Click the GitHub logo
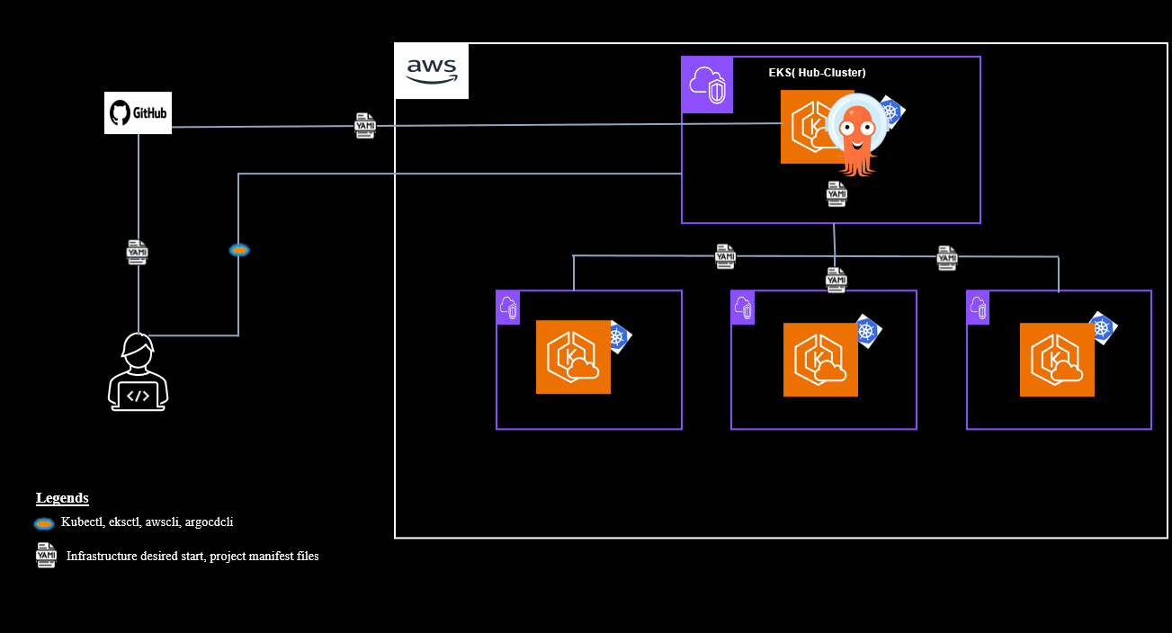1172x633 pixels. (138, 113)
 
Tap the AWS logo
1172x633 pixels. (432, 70)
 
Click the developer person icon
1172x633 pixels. (139, 372)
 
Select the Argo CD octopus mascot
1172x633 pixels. (855, 134)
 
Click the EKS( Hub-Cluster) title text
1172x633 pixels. (817, 73)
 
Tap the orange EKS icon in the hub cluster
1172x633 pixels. (810, 127)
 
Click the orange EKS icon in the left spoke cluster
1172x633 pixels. (573, 357)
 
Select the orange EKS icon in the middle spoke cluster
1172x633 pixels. (820, 360)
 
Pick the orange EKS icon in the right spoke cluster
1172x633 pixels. (1057, 360)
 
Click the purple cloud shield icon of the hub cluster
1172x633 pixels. (707, 85)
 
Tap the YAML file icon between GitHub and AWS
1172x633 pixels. (365, 126)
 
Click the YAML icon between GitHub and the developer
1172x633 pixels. (137, 253)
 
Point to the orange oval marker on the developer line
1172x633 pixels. (238, 250)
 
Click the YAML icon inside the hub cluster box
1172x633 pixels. (837, 193)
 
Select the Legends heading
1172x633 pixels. (62, 498)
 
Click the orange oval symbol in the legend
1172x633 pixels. (44, 523)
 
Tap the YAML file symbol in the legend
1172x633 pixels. (46, 556)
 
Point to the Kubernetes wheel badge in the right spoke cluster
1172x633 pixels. (1102, 329)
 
